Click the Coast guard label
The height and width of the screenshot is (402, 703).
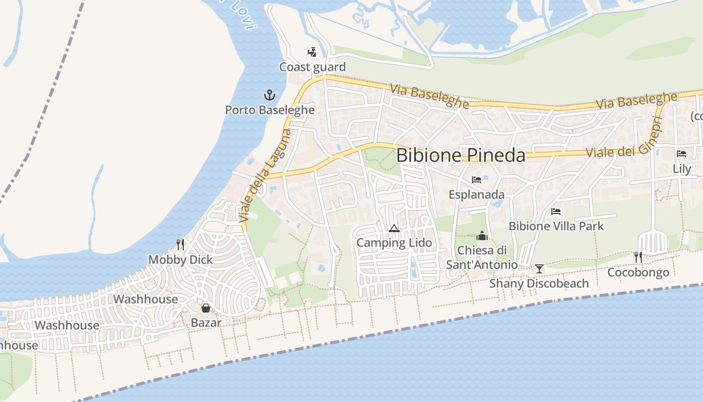312,67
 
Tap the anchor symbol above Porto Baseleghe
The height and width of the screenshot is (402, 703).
270,94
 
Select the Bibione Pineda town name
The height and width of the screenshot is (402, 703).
460,155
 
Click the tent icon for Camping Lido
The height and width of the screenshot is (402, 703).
394,229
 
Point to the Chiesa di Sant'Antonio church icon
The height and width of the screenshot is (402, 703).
482,235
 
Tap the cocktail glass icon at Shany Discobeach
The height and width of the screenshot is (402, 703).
539,269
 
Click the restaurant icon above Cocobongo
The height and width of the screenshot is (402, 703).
638,257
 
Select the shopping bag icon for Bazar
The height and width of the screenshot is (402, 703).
206,308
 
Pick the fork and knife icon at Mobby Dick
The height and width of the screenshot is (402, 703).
180,245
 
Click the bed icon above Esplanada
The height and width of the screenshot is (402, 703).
477,179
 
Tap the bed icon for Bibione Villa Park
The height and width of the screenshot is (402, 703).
556,211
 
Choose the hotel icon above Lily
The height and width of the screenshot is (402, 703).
681,154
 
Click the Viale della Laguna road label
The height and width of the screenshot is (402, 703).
265,176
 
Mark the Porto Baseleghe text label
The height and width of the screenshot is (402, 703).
270,110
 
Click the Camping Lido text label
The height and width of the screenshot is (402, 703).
394,243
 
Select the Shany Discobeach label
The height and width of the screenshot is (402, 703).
539,283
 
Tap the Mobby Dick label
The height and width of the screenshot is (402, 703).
180,260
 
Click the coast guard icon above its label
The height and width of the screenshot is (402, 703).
312,52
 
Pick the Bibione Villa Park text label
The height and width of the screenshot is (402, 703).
556,226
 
